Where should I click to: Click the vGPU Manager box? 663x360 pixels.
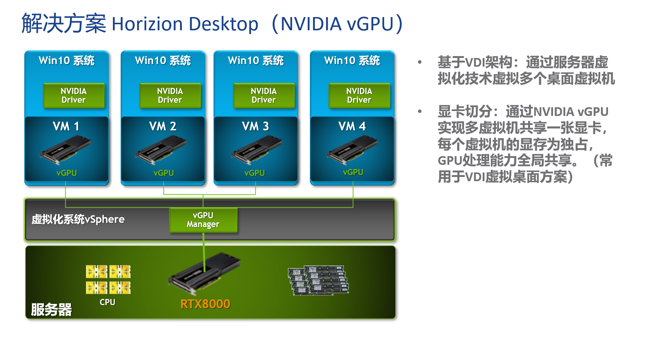pyautogui.click(x=203, y=220)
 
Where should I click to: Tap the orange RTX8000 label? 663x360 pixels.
pyautogui.click(x=205, y=304)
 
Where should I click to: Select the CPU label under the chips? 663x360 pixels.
pyautogui.click(x=107, y=302)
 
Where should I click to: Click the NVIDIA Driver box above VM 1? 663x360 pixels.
pyautogui.click(x=73, y=95)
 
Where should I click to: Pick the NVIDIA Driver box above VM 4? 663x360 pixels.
pyautogui.click(x=359, y=95)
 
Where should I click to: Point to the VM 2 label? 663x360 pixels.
pyautogui.click(x=163, y=126)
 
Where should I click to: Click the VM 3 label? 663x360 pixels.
pyautogui.click(x=255, y=126)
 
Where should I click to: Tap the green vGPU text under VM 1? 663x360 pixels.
pyautogui.click(x=67, y=173)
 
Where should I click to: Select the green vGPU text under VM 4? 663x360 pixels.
pyautogui.click(x=353, y=172)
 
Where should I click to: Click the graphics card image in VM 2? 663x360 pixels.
pyautogui.click(x=161, y=150)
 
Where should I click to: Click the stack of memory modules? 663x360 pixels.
pyautogui.click(x=318, y=280)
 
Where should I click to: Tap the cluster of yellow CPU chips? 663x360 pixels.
pyautogui.click(x=108, y=280)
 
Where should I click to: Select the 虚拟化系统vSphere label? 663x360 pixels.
pyautogui.click(x=78, y=219)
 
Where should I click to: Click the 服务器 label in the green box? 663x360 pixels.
pyautogui.click(x=52, y=310)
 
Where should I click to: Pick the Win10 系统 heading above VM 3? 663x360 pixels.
pyautogui.click(x=256, y=61)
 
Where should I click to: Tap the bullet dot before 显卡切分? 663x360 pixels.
pyautogui.click(x=420, y=111)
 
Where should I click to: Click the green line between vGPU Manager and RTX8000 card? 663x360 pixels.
pyautogui.click(x=204, y=252)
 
